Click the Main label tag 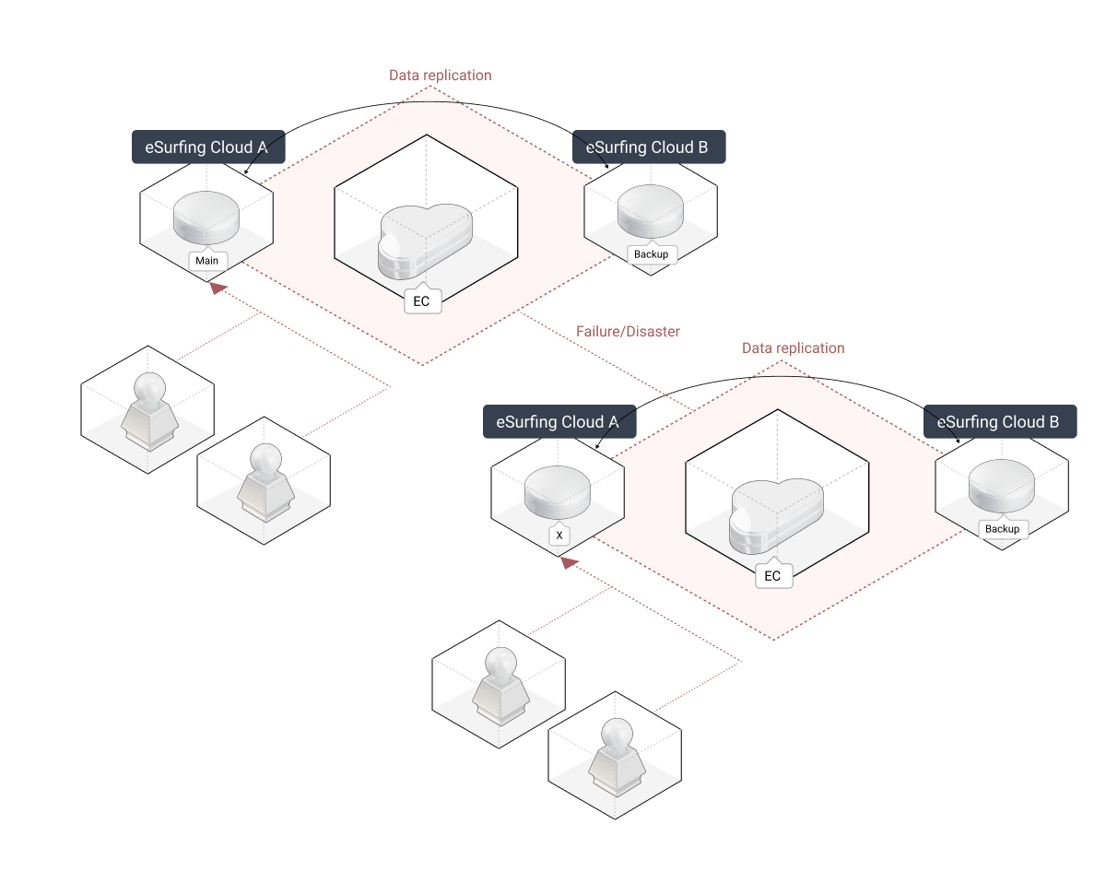click(x=206, y=261)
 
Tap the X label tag click(x=559, y=535)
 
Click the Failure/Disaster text click(x=628, y=331)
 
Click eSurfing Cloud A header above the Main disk click(x=206, y=147)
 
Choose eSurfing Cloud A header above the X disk click(x=558, y=422)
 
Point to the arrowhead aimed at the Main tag click(x=217, y=289)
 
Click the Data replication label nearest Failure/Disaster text click(x=793, y=348)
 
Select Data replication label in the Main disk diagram click(x=440, y=75)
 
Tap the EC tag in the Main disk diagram click(x=422, y=300)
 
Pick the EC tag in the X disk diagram click(x=772, y=576)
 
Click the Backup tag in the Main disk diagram click(x=652, y=254)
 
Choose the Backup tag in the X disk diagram click(x=1002, y=529)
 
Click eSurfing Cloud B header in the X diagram click(x=999, y=422)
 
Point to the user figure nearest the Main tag click(x=147, y=411)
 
